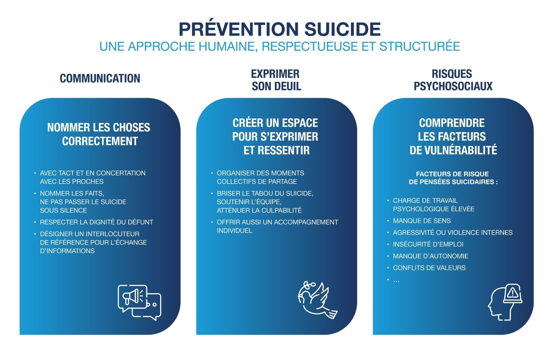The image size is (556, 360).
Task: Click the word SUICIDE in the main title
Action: tap(343, 29)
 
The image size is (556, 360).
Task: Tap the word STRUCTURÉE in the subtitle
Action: tap(420, 46)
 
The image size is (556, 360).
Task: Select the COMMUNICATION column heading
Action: tap(100, 78)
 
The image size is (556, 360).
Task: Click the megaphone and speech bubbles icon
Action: tap(140, 302)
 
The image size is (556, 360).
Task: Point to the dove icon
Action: tap(318, 300)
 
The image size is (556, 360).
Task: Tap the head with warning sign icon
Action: tap(505, 302)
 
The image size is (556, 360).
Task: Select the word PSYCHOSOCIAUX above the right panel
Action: tap(453, 86)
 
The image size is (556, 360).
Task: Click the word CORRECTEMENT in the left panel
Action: tap(100, 141)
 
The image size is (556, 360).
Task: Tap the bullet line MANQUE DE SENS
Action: tap(422, 221)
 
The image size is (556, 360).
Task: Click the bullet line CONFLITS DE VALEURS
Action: tap(429, 268)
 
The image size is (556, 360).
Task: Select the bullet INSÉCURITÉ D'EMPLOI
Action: tap(428, 244)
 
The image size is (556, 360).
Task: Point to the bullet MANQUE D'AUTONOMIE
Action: tap(431, 256)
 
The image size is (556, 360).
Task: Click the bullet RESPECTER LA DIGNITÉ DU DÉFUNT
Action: tap(96, 222)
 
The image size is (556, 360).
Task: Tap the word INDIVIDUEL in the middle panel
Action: tap(234, 231)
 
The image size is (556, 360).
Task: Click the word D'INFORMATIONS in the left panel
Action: tap(67, 251)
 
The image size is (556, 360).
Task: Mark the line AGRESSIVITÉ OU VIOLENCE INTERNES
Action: tap(453, 233)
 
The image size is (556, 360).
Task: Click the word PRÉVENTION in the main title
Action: tap(239, 29)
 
